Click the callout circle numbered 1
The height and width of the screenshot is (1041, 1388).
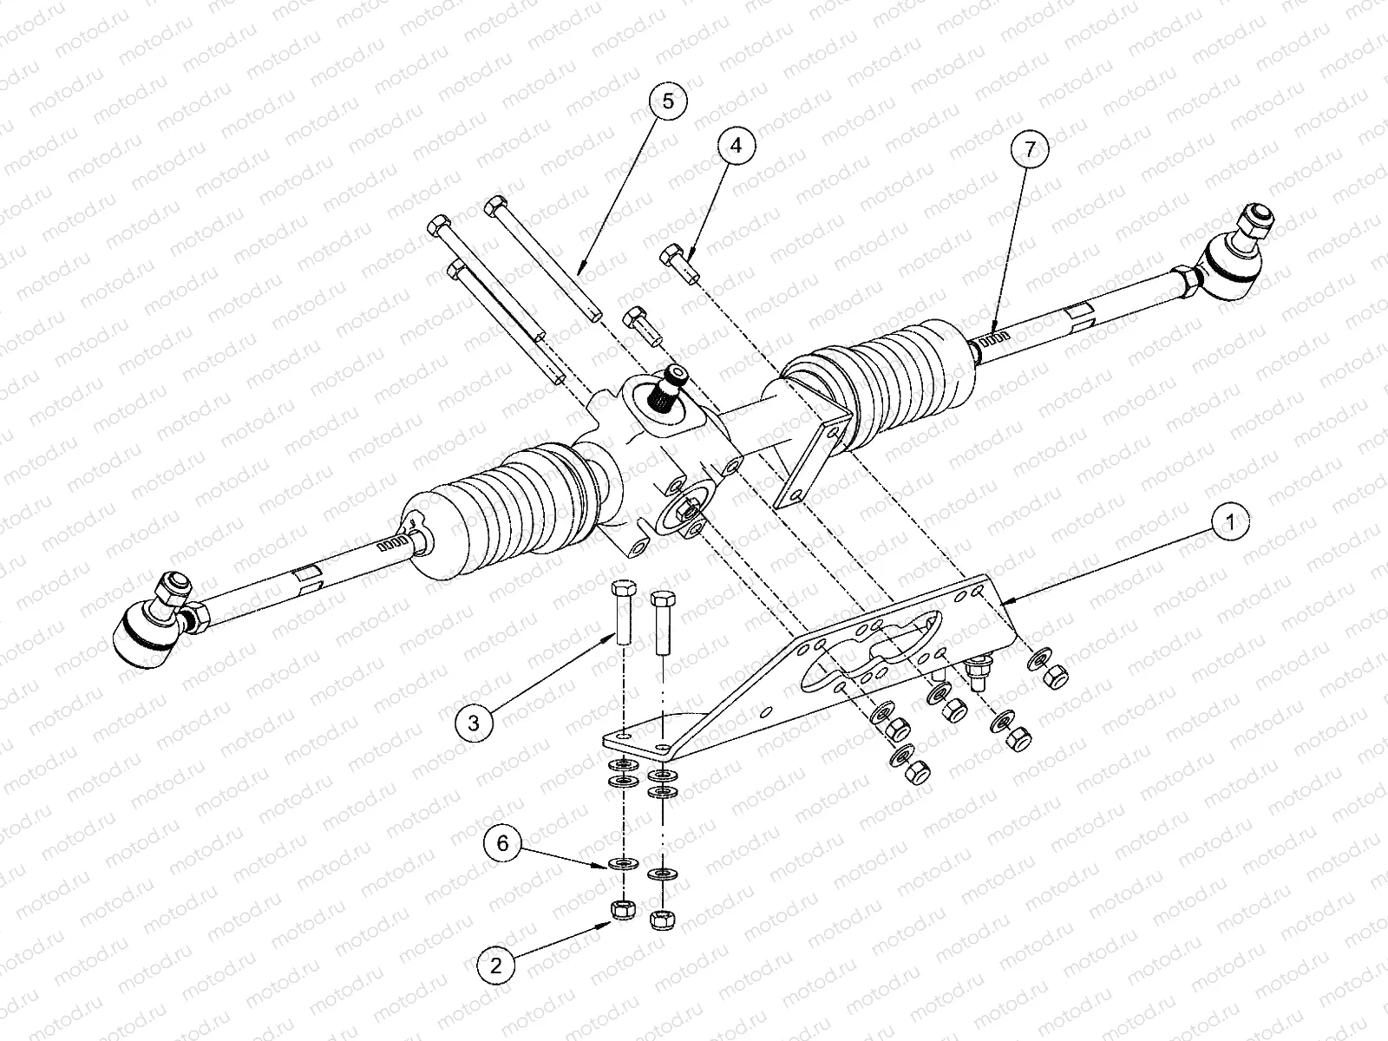pyautogui.click(x=1228, y=523)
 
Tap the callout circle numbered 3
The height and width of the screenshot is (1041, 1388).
pyautogui.click(x=473, y=722)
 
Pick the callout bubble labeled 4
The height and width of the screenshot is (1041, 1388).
pyautogui.click(x=736, y=147)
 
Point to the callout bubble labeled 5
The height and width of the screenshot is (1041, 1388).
pyautogui.click(x=667, y=101)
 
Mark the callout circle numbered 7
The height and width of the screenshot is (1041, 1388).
pyautogui.click(x=1029, y=149)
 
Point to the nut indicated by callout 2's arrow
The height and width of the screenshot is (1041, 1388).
pyautogui.click(x=622, y=910)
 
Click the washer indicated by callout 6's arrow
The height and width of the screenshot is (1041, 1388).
pyautogui.click(x=622, y=864)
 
